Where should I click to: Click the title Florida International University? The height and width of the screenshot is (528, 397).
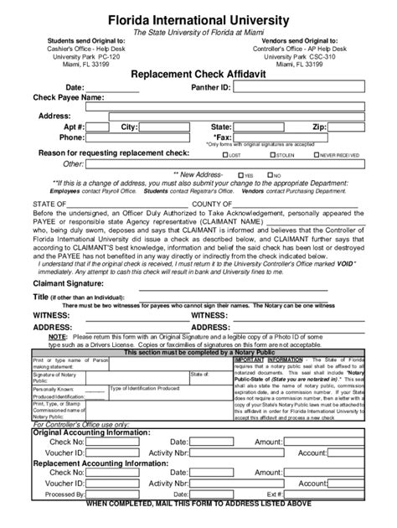198,18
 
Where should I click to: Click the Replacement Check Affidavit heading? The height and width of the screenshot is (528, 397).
198,74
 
